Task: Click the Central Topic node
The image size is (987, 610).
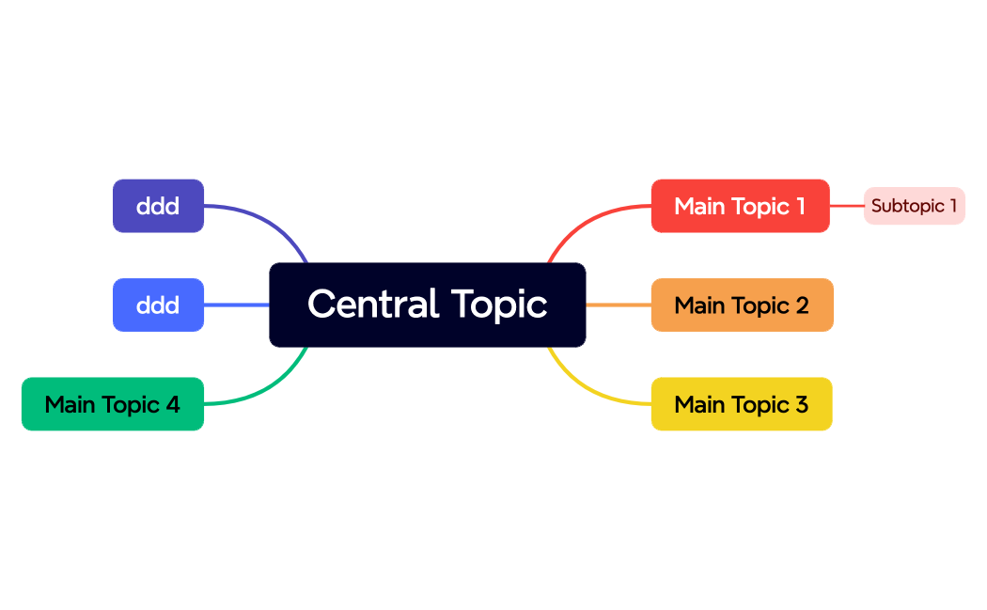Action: click(x=427, y=305)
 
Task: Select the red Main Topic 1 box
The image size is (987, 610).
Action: click(x=740, y=206)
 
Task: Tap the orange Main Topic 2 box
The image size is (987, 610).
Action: click(x=742, y=305)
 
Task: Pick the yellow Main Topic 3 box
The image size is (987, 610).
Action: click(x=741, y=404)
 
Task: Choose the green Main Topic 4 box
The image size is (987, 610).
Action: click(x=112, y=404)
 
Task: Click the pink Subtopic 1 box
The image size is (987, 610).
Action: click(x=914, y=206)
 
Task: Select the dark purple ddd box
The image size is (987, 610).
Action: click(x=158, y=206)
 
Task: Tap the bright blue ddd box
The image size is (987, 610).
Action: click(x=158, y=305)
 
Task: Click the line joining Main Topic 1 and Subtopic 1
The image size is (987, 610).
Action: click(x=847, y=206)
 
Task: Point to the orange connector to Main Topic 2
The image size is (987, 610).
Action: click(x=618, y=305)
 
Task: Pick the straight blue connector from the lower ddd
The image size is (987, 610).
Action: click(x=236, y=305)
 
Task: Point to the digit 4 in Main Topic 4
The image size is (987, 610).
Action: click(x=172, y=404)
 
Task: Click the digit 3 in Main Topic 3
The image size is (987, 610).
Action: click(x=801, y=404)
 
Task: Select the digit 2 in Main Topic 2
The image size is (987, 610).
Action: click(x=802, y=305)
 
